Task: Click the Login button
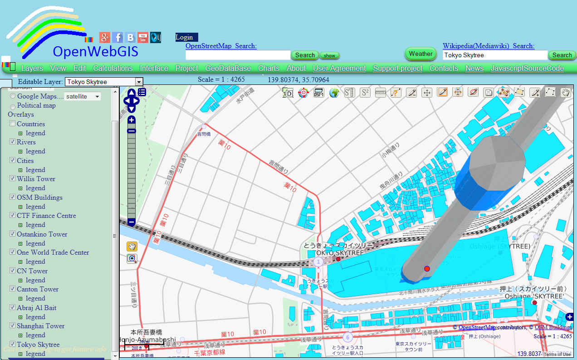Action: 184,37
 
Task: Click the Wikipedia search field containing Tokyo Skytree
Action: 495,55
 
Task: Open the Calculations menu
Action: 113,69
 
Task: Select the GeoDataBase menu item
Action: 228,69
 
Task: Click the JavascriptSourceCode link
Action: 527,69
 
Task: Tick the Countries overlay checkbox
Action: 13,124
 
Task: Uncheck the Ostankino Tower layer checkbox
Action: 13,234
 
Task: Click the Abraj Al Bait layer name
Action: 37,308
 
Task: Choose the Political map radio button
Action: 13,106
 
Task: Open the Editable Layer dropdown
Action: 139,82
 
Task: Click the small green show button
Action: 329,56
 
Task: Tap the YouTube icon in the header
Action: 143,38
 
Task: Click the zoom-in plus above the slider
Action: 132,120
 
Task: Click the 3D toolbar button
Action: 288,93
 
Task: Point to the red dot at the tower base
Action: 427,269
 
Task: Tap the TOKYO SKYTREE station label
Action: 338,252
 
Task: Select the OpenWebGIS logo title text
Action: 95,51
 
